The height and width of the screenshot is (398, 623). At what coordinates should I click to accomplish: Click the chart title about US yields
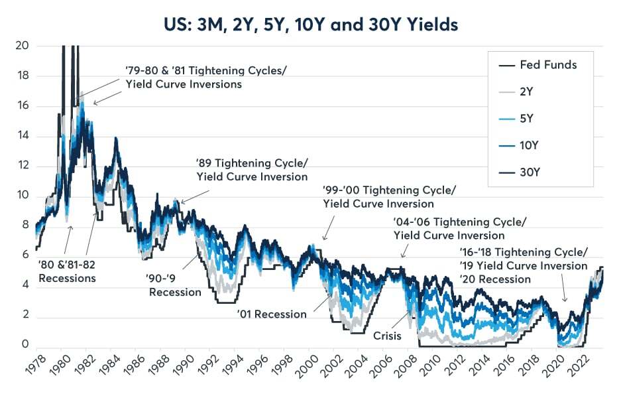click(311, 25)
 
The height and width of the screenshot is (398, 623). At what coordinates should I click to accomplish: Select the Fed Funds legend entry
click(538, 65)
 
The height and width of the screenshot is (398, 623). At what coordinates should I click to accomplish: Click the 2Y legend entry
click(516, 92)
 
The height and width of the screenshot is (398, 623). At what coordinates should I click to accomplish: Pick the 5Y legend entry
click(516, 119)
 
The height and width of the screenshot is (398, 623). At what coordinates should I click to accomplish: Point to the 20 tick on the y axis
click(23, 45)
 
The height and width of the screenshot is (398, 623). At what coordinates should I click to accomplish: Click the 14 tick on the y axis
click(23, 136)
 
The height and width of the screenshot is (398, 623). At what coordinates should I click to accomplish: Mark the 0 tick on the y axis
click(25, 344)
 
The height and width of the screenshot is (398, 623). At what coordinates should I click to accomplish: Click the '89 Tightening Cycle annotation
click(252, 170)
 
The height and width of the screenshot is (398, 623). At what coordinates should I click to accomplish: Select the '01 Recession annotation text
click(272, 314)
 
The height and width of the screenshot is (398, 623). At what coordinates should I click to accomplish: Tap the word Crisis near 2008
click(388, 336)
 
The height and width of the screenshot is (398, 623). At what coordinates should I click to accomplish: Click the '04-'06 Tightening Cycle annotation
click(460, 229)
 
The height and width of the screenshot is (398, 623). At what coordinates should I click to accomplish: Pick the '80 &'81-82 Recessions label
click(67, 271)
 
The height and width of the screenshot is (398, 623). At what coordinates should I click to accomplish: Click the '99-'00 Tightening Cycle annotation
click(390, 197)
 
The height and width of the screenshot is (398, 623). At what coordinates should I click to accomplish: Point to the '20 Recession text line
click(495, 279)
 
